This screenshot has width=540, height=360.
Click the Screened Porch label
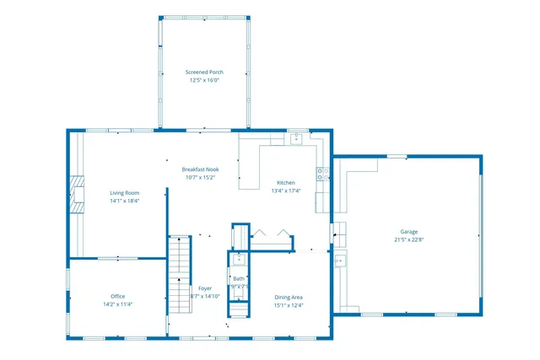(x=204, y=73)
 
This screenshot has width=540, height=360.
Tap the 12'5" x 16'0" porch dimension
(x=204, y=81)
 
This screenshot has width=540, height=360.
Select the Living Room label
(x=124, y=193)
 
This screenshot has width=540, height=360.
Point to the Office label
(x=118, y=296)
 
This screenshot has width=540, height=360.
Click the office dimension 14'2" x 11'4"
(x=118, y=304)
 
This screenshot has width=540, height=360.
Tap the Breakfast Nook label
(x=201, y=169)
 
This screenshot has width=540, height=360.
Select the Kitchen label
(x=286, y=183)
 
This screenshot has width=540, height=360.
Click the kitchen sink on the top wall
(x=296, y=139)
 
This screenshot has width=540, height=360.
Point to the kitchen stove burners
(x=322, y=175)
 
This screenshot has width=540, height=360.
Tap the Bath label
(x=239, y=278)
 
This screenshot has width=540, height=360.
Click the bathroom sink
(x=239, y=259)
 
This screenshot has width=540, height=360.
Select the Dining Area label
(x=289, y=296)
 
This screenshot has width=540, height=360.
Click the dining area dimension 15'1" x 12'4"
(x=289, y=304)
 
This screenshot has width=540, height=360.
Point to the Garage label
(x=408, y=231)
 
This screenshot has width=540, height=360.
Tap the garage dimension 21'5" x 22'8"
(x=408, y=239)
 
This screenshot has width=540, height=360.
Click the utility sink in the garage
(x=339, y=261)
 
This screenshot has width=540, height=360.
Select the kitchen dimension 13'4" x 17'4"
(x=286, y=191)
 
